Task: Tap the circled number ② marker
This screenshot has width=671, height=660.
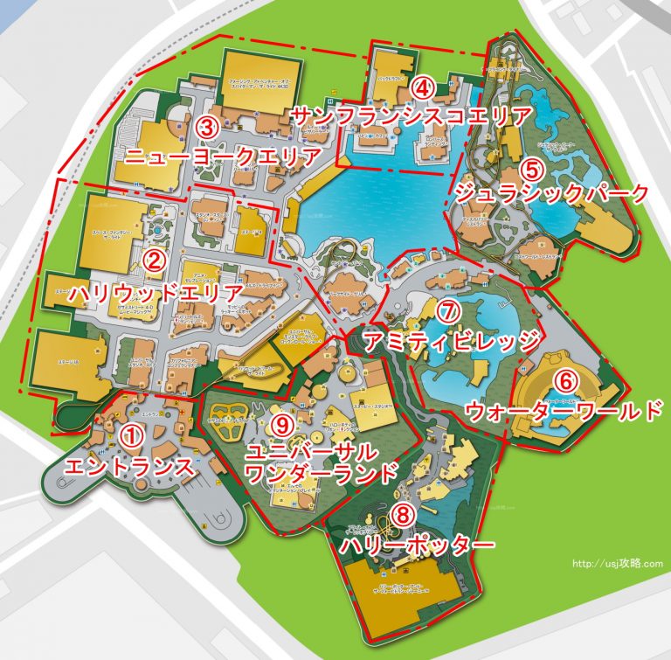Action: [154, 260]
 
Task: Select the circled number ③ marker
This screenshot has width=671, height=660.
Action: [207, 126]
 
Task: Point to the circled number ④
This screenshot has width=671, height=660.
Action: [423, 87]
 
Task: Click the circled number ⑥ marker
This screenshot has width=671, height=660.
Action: [566, 381]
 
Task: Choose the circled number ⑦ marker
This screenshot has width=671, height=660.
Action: [446, 310]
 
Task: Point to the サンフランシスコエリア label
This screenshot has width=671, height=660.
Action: [411, 116]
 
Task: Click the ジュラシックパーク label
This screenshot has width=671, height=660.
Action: [552, 194]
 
